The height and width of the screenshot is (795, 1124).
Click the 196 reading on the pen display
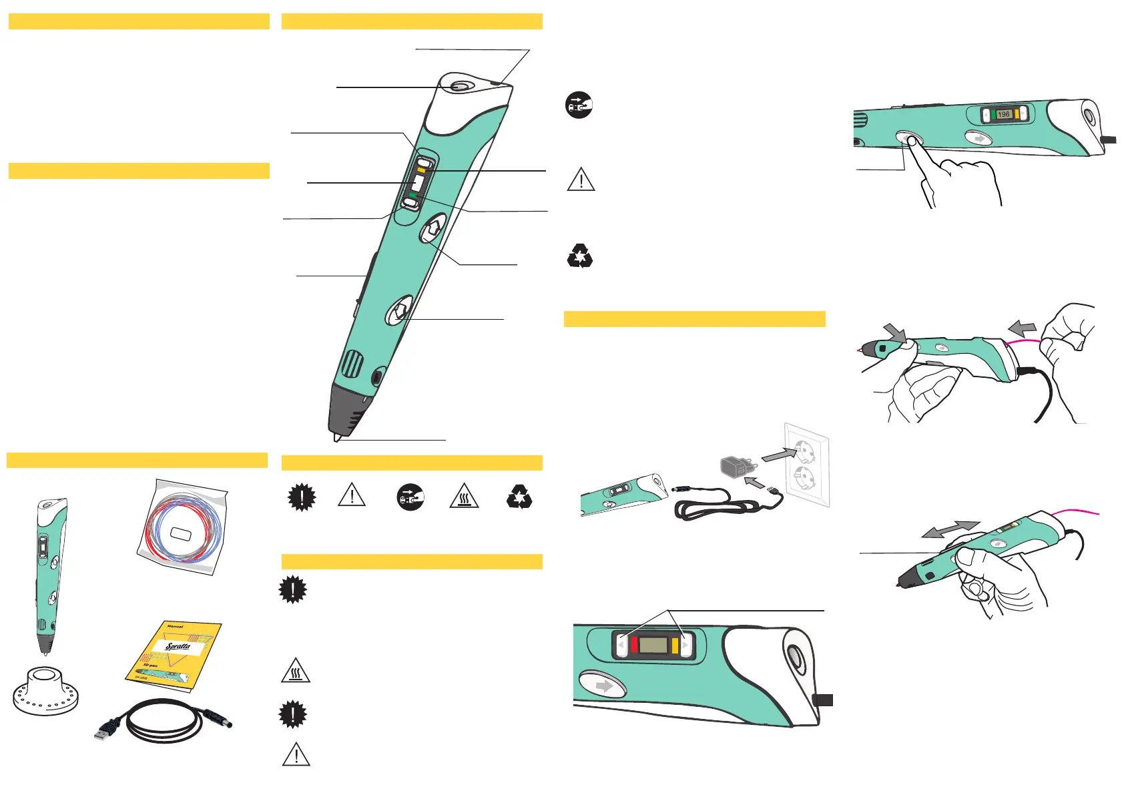(1003, 114)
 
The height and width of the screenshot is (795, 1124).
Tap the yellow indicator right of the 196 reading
(1017, 114)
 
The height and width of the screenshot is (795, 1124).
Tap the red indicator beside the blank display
(634, 645)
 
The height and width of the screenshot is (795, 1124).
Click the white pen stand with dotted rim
(45, 690)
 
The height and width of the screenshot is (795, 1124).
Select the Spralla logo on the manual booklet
(178, 646)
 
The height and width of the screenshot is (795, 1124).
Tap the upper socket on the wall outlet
(804, 452)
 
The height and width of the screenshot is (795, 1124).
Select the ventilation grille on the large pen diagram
(352, 365)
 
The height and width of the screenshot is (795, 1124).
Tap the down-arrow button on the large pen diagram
(399, 310)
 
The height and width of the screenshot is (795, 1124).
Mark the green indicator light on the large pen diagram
(414, 193)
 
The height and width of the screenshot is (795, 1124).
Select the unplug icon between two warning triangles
(410, 497)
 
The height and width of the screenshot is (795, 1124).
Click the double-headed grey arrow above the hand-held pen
(950, 529)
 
